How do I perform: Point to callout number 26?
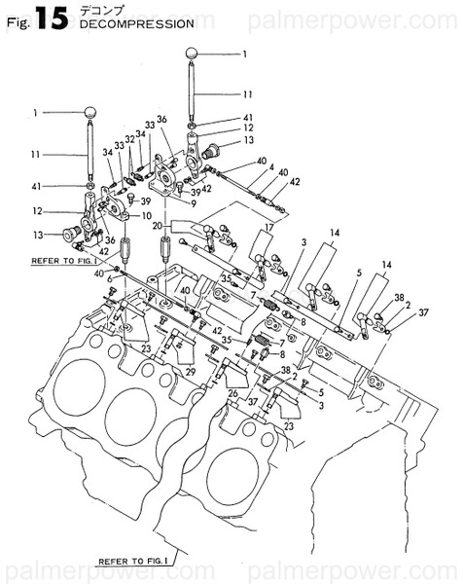232,393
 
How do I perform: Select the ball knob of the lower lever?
90,114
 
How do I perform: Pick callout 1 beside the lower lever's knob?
33,113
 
